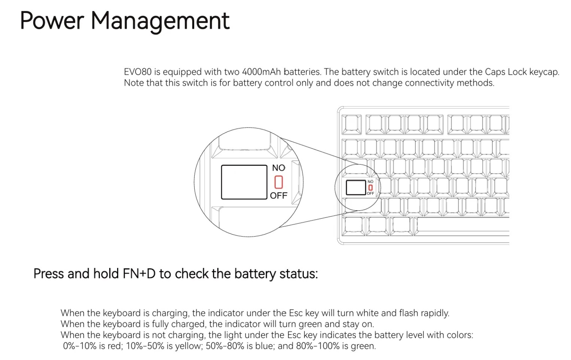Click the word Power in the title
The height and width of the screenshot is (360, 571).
point(52,21)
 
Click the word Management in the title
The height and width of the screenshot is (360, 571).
point(160,21)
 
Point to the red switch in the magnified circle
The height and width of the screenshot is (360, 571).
point(278,182)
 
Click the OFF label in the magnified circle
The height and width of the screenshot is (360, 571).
point(278,196)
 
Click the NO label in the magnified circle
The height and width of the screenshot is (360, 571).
point(278,168)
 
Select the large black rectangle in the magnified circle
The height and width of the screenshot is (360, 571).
point(244,182)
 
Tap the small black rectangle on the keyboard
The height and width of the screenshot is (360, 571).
point(355,187)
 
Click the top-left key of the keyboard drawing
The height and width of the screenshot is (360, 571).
point(351,124)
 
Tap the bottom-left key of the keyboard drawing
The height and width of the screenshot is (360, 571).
point(353,226)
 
